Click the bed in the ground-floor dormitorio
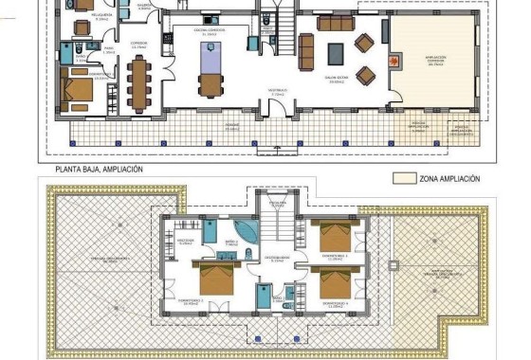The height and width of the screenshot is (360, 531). click(78, 91)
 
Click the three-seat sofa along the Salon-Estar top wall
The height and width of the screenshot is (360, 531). click(333, 23)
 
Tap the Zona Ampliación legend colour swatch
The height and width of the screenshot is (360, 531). click(405, 178)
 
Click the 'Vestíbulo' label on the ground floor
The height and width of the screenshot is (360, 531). click(278, 94)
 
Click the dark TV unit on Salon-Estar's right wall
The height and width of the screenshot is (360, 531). click(385, 30)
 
